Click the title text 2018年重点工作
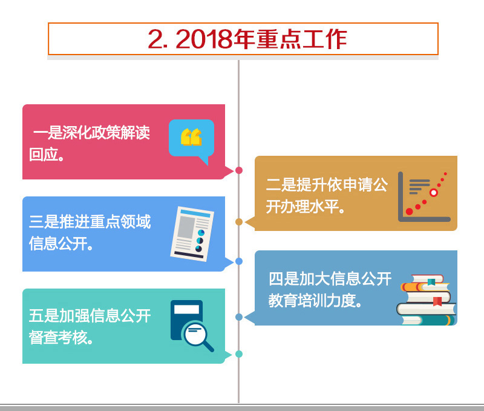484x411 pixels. point(261,39)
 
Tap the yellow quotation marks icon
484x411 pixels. point(191,137)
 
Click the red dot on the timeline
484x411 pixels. point(239,170)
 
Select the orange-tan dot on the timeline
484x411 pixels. point(239,222)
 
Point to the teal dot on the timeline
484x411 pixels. point(239,354)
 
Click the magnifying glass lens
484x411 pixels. point(195,333)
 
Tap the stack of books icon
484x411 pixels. point(427,299)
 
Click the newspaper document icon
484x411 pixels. point(192,234)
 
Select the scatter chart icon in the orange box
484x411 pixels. point(424,197)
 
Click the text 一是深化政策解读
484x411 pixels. point(92,133)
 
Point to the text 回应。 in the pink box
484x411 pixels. point(47,155)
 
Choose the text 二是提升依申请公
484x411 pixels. point(327,185)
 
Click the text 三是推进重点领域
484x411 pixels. point(90,222)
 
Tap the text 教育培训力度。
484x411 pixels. point(315,301)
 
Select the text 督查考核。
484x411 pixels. point(61,338)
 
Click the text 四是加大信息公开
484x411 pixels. point(330,279)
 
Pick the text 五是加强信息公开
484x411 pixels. point(90,316)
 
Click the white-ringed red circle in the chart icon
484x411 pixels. point(433,193)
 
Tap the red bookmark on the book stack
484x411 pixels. point(437,301)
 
